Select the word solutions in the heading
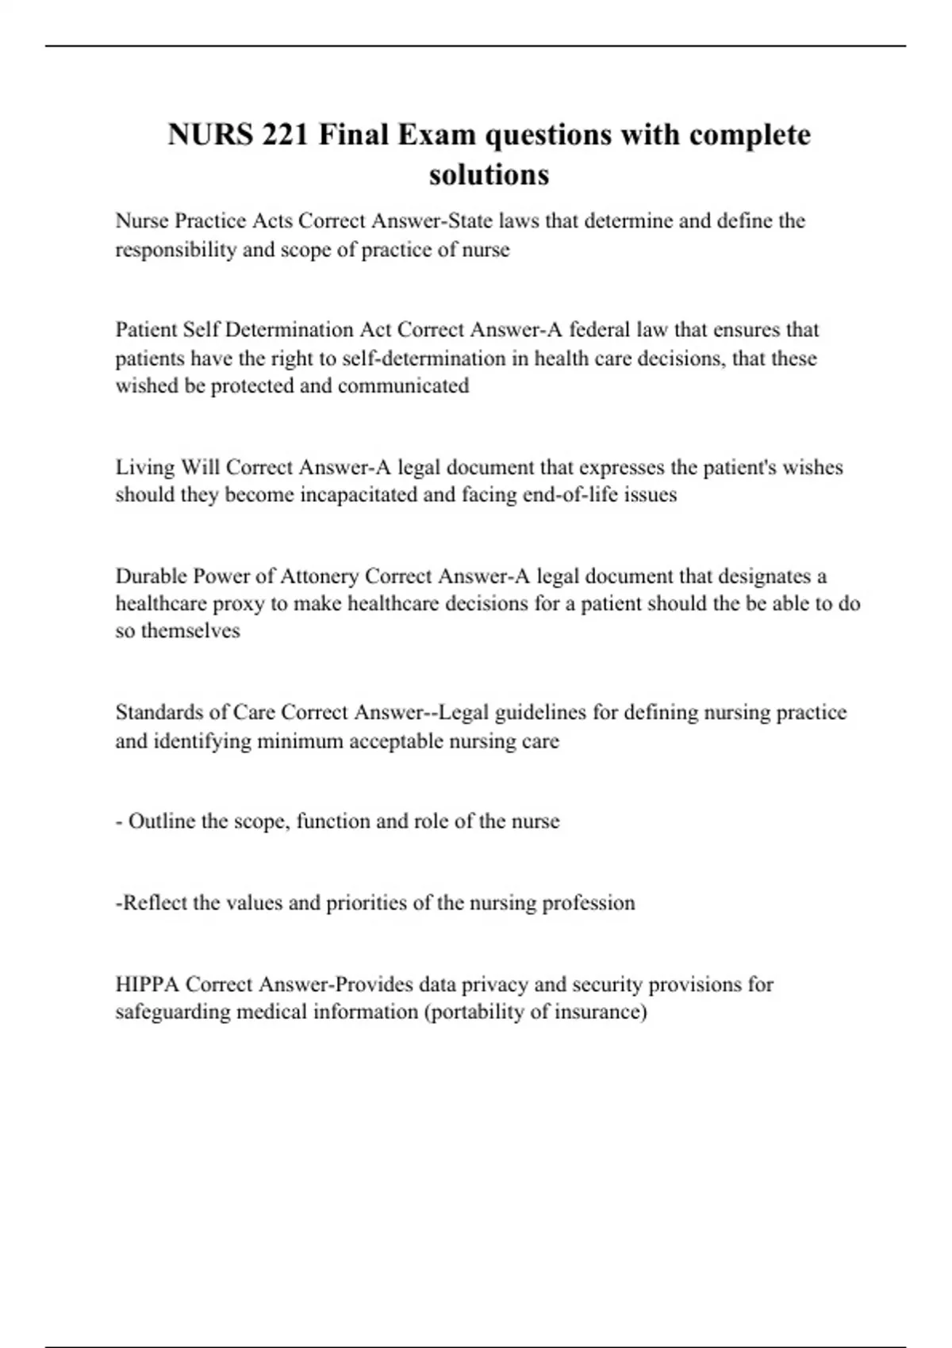(489, 174)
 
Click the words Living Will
(168, 467)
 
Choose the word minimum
(299, 741)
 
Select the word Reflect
(154, 903)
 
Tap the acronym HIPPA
(148, 985)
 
